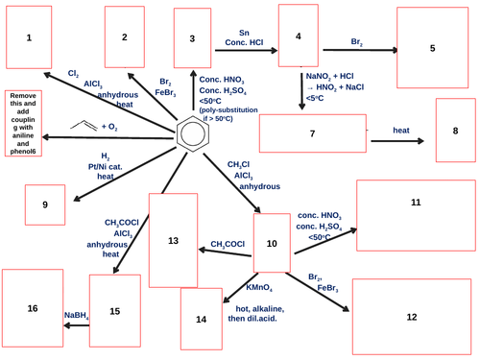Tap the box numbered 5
(431, 47)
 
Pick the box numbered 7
(313, 133)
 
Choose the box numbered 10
(272, 245)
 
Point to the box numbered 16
(33, 307)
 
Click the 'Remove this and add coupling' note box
(23, 124)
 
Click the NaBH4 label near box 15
(76, 314)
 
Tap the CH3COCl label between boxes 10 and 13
(228, 244)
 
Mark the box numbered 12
(411, 316)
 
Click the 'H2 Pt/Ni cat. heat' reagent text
(107, 165)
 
